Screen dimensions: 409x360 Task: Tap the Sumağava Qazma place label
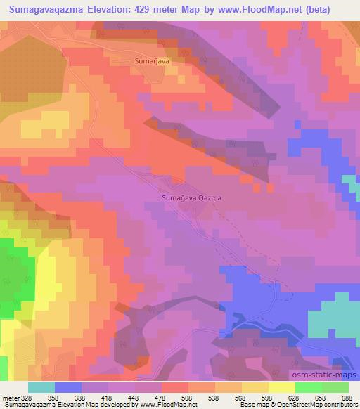[192, 198]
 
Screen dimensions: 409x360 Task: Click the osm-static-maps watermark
[325, 375]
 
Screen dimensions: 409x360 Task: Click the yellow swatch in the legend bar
[282, 387]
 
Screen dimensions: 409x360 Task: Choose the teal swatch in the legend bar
[41, 387]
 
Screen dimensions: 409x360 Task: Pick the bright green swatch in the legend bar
[309, 387]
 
